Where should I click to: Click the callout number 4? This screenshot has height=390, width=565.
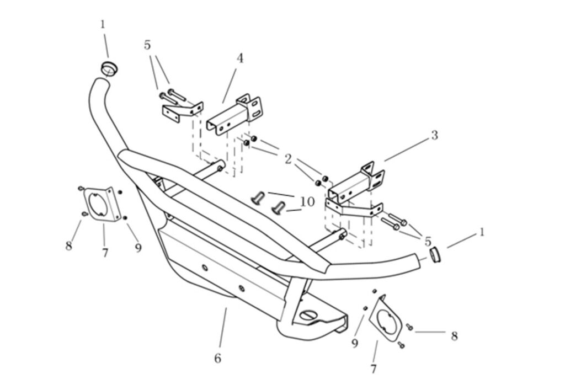pos(240,58)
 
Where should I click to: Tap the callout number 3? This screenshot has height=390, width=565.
pos(434,135)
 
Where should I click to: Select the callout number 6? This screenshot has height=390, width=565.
pos(218,359)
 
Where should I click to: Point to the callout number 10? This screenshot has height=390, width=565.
pos(307,202)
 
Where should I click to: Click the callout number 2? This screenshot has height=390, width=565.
pos(288,159)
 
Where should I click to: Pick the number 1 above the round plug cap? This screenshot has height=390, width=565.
pos(103,24)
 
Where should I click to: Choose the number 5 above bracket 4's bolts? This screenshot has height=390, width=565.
pos(147,45)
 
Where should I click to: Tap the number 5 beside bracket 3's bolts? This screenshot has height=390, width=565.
pos(428,241)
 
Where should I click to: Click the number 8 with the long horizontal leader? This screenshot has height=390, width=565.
pos(454,335)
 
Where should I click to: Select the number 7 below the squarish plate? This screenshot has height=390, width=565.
pos(105,253)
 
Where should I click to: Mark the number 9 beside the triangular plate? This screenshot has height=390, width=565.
pos(355,344)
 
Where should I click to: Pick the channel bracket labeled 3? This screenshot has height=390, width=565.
pos(353,182)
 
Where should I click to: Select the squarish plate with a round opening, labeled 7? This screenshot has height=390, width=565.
pos(99,206)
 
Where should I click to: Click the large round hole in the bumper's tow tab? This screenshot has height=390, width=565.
pos(308,314)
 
